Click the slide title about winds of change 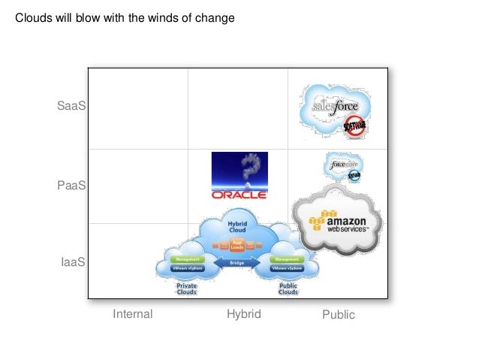pyautogui.click(x=125, y=17)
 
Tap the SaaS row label pyautogui.click(x=71, y=107)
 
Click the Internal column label pyautogui.click(x=132, y=314)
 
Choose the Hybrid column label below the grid pyautogui.click(x=243, y=314)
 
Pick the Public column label pyautogui.click(x=338, y=315)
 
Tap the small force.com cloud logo pyautogui.click(x=344, y=164)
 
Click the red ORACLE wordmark pyautogui.click(x=239, y=195)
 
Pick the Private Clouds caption pyautogui.click(x=186, y=289)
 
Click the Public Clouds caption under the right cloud pyautogui.click(x=288, y=289)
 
